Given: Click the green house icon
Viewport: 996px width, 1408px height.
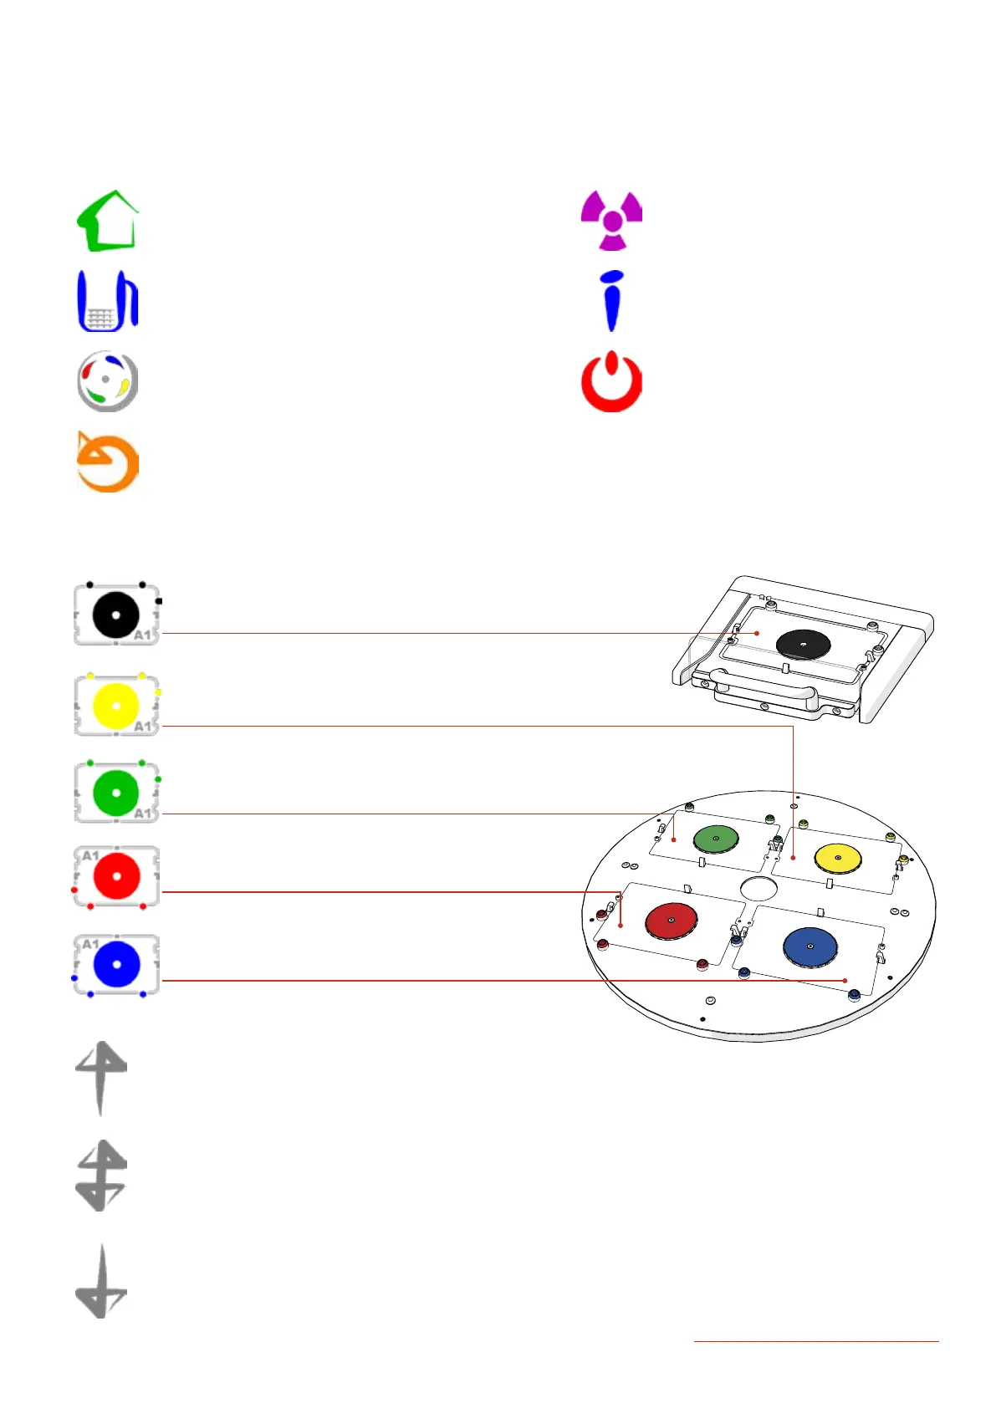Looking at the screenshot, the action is tap(107, 222).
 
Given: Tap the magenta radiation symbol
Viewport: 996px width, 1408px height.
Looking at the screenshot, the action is tap(612, 220).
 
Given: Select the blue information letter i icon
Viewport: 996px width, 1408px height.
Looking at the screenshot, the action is tap(612, 301).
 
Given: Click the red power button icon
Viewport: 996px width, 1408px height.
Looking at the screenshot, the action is tap(612, 382).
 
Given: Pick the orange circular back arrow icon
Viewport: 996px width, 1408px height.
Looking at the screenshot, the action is tap(107, 462).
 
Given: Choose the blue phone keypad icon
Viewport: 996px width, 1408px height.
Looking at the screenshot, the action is tap(107, 301).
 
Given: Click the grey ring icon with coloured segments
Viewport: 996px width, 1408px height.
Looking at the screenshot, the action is tap(107, 382).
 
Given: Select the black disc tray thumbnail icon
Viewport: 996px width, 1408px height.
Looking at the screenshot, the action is tap(116, 615).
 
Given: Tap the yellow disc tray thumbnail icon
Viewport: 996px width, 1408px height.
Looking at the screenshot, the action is tap(116, 705).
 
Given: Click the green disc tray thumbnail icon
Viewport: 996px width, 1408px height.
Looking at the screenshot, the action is tap(116, 793).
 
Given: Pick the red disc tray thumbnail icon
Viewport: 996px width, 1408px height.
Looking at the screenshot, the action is tap(116, 876).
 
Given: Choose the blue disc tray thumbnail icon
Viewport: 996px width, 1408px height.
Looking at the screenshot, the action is tap(116, 964).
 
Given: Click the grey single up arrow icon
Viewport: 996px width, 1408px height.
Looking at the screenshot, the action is tap(101, 1077).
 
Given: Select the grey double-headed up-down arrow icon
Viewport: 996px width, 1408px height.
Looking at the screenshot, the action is tap(101, 1176).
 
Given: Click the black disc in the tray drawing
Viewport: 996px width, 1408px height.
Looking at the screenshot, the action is tap(803, 644).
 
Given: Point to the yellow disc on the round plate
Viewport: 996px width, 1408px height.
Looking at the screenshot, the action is tap(838, 858).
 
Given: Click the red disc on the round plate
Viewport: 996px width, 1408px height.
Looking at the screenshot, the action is tap(672, 921).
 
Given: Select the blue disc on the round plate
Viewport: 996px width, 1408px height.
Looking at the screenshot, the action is tap(810, 946).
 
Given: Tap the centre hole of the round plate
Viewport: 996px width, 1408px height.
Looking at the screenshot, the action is tap(758, 888).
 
